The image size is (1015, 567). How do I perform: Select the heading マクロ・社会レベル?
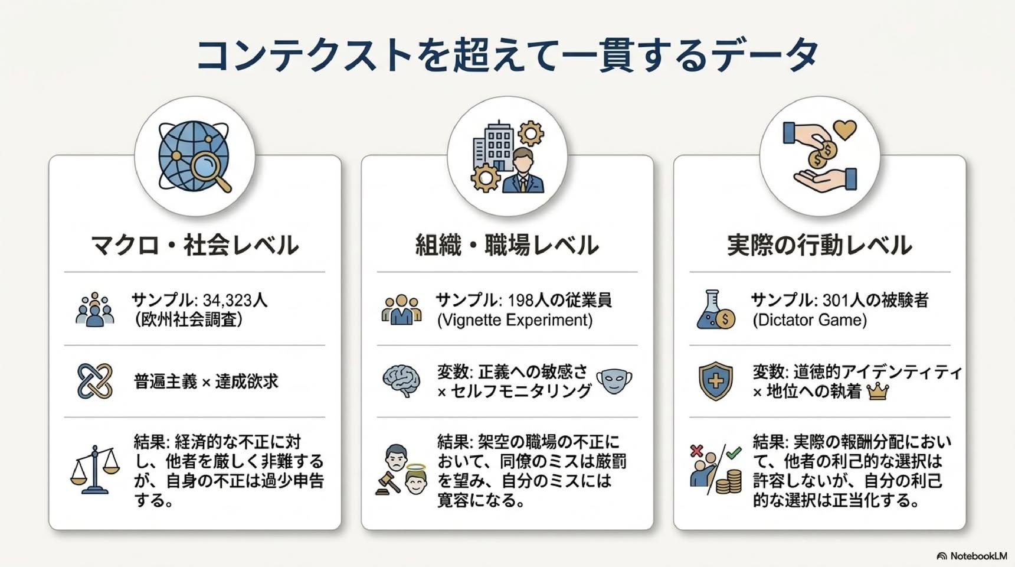195,245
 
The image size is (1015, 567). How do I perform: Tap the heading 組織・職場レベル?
507,245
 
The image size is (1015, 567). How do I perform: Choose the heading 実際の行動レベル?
820,245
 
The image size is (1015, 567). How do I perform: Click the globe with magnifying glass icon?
195,157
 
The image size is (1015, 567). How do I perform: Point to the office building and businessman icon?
508,157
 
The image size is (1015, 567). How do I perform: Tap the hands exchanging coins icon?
820,155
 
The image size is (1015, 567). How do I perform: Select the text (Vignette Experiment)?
515,320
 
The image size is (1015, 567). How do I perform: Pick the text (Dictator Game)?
810,320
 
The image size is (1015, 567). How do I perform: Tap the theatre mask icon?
614,381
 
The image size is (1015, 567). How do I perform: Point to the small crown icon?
878,391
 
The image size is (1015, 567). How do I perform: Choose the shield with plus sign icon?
716,381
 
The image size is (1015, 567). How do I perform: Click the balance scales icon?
94,470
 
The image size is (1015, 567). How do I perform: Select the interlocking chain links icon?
94,381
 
